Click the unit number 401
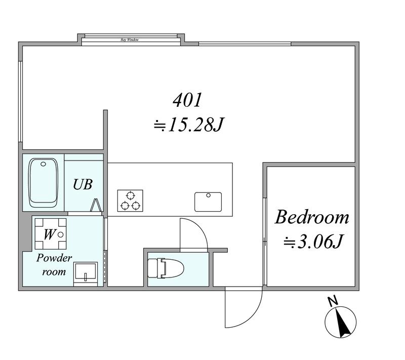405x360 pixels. [x=187, y=100]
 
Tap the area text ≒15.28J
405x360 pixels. [x=188, y=125]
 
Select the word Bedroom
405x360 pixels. [x=312, y=217]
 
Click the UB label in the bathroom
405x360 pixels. [x=83, y=184]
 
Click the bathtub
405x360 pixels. [x=43, y=183]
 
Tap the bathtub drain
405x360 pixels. [x=43, y=164]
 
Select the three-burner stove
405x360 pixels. [x=130, y=201]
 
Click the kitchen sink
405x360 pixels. [x=208, y=202]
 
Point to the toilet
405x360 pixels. [x=166, y=268]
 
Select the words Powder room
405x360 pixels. [x=54, y=265]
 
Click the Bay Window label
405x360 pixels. [x=130, y=40]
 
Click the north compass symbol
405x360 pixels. [x=340, y=322]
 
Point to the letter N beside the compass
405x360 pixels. [x=333, y=301]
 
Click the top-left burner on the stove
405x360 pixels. [x=131, y=195]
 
